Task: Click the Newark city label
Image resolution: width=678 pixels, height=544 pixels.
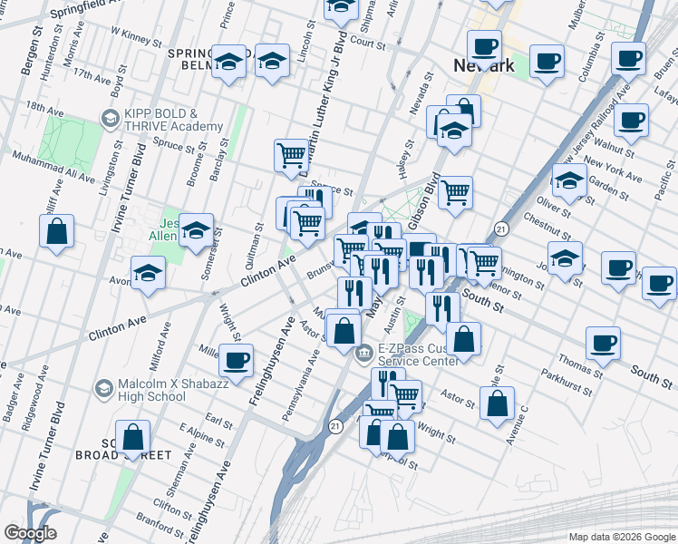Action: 483,65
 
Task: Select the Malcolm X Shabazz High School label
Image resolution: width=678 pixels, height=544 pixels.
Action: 151,390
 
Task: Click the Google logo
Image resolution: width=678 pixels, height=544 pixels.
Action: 31,533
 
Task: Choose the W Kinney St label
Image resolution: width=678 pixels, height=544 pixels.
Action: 136,36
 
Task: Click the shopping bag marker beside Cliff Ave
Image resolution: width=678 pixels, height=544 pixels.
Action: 56,230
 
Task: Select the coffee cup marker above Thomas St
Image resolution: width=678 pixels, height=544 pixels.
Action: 603,342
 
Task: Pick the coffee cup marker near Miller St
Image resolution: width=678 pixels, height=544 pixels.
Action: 237,359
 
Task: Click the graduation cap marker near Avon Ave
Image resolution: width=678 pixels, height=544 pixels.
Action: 149,270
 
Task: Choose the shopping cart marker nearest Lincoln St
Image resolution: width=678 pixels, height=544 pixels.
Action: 291,154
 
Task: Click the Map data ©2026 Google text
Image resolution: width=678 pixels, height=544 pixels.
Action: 622,536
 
